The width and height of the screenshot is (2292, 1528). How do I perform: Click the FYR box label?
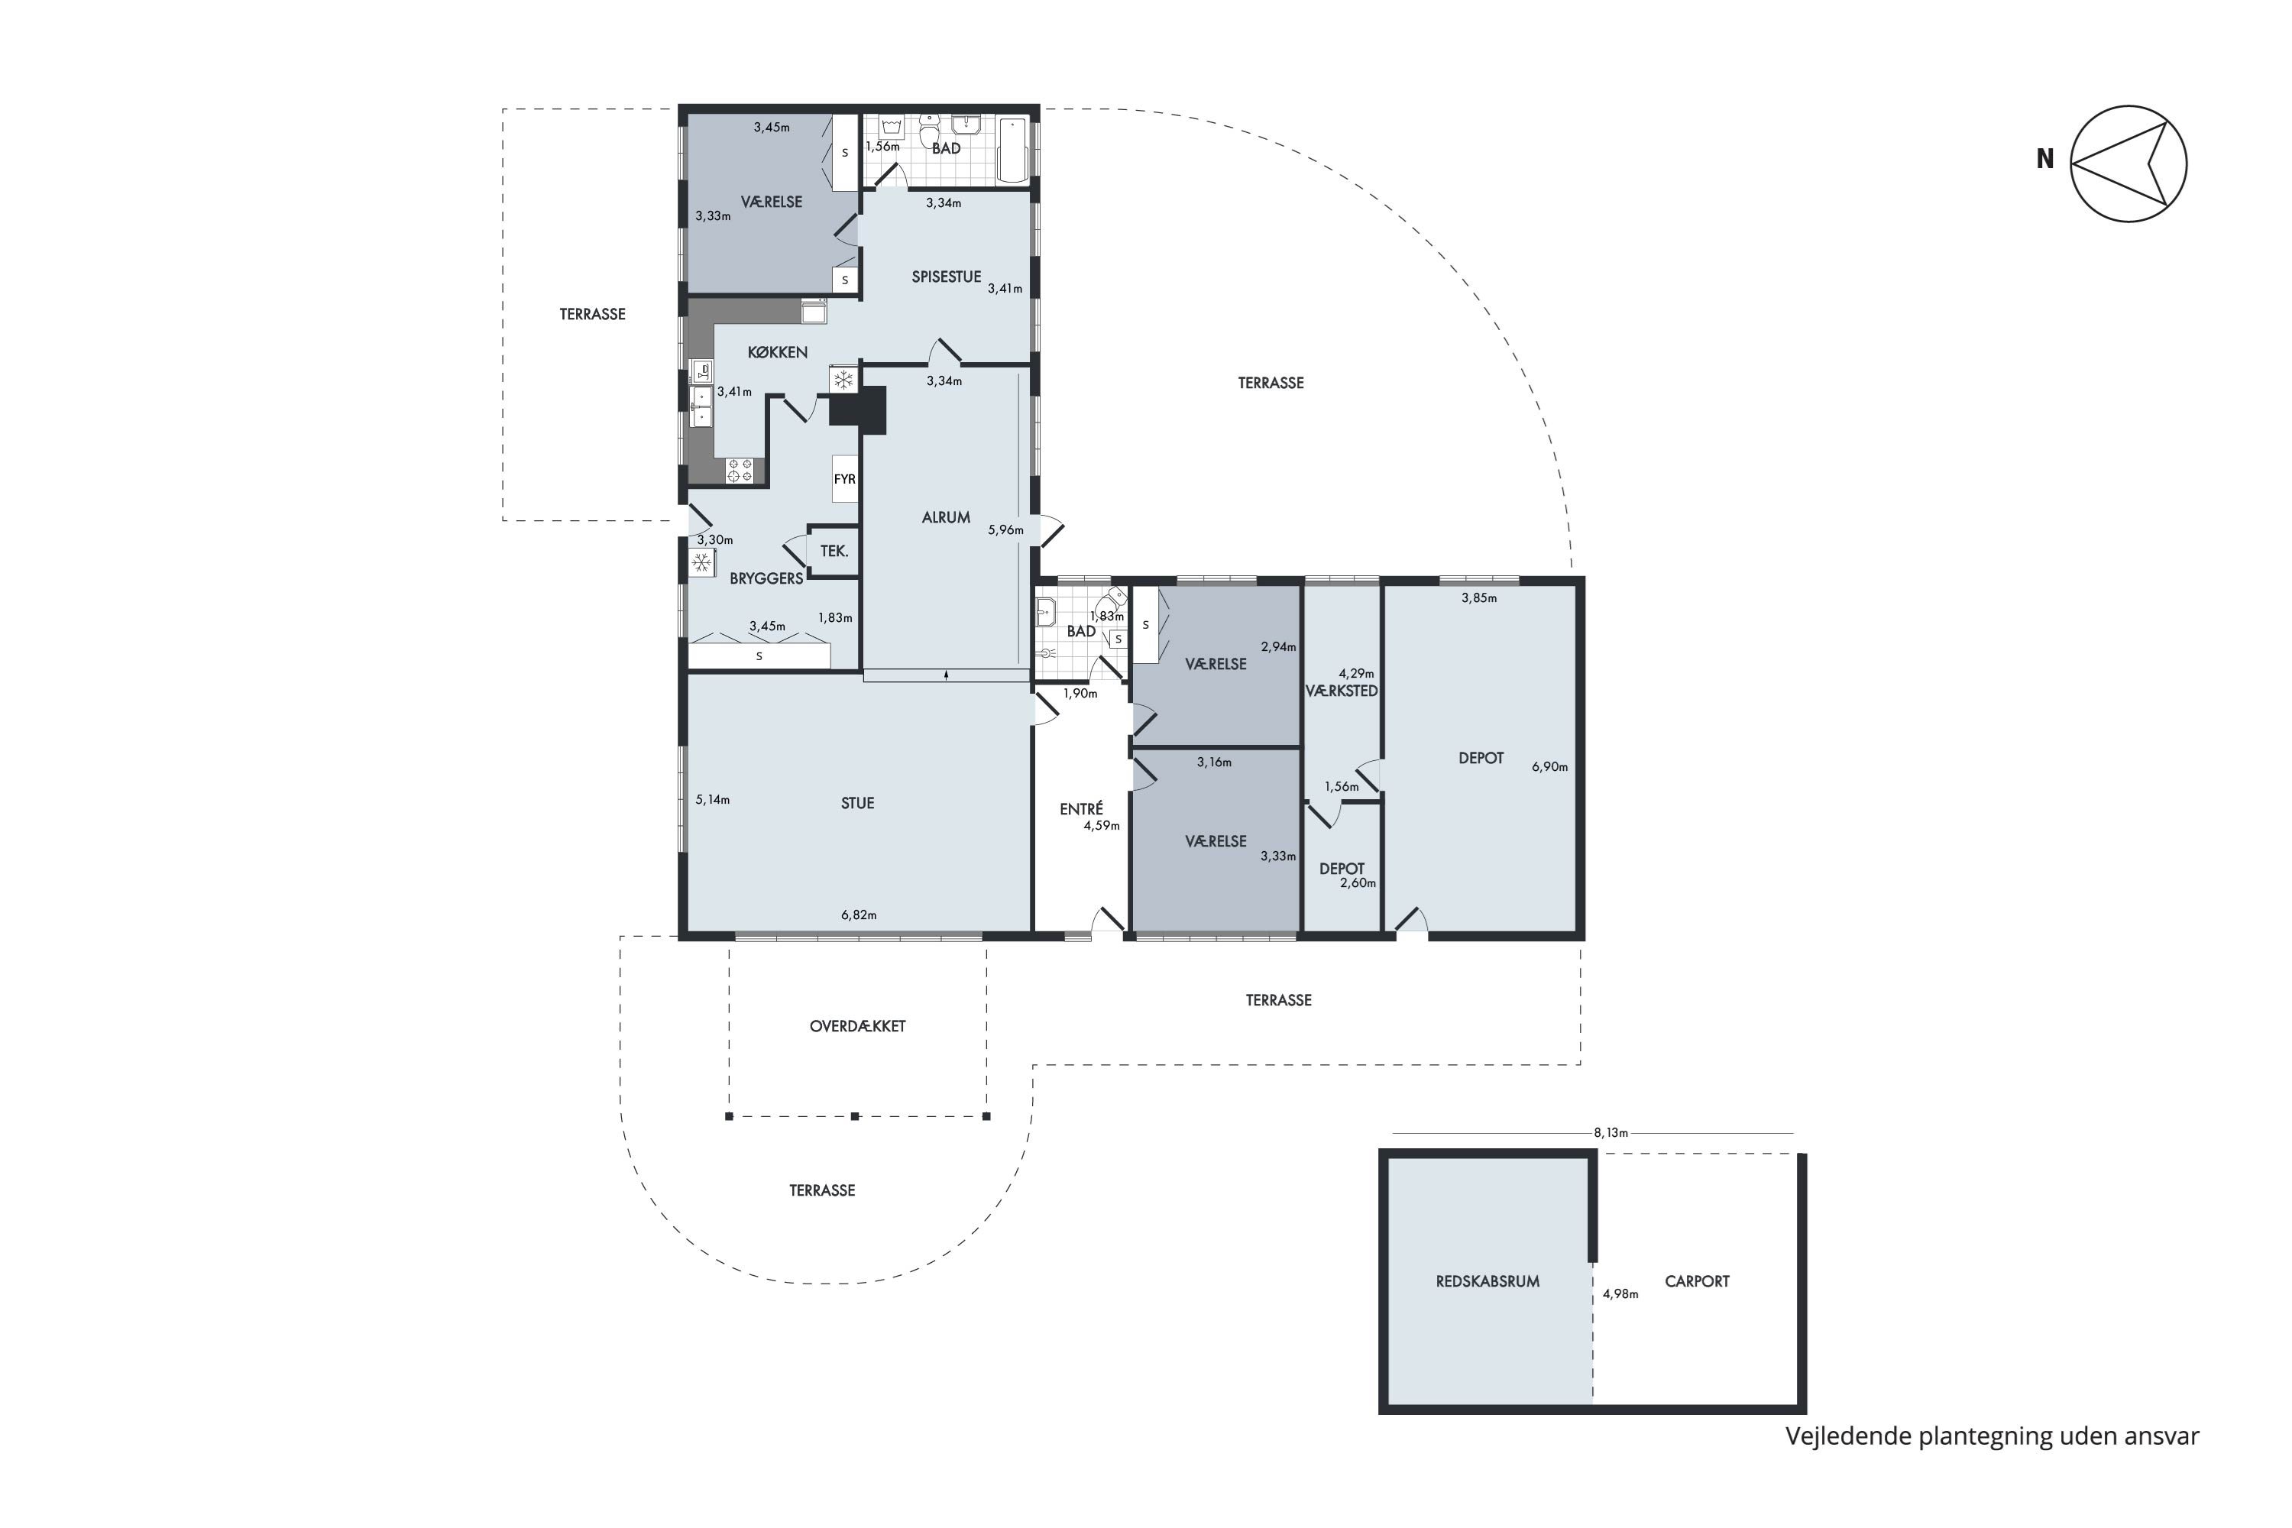tap(844, 480)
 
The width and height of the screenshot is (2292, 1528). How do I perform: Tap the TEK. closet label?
tap(834, 552)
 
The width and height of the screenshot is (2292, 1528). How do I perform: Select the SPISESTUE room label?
tap(945, 277)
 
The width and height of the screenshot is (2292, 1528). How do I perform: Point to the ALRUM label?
tap(945, 517)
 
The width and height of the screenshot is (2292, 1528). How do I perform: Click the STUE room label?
tap(857, 803)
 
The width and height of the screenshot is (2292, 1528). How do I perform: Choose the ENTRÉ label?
tap(1081, 809)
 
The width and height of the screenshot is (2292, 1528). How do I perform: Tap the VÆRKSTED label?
tap(1341, 691)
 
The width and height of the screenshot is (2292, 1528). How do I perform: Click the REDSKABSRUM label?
tap(1487, 1281)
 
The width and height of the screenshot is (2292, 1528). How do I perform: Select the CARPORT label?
tap(1697, 1281)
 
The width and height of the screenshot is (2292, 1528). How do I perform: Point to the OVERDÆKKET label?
tap(857, 1026)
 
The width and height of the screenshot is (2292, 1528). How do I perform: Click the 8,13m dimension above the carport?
tap(1611, 1133)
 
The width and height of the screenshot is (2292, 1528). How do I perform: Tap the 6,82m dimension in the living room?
tap(859, 915)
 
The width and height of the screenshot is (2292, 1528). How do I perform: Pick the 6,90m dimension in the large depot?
tap(1549, 767)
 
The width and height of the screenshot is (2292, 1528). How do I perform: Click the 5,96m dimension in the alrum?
tap(1005, 530)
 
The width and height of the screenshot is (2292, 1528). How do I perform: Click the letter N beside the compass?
tap(2045, 159)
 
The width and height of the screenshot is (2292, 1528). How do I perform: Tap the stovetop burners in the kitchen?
tap(740, 471)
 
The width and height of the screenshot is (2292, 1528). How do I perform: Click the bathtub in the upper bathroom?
tap(1014, 149)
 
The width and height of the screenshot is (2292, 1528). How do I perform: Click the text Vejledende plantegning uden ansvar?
tap(1992, 1436)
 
